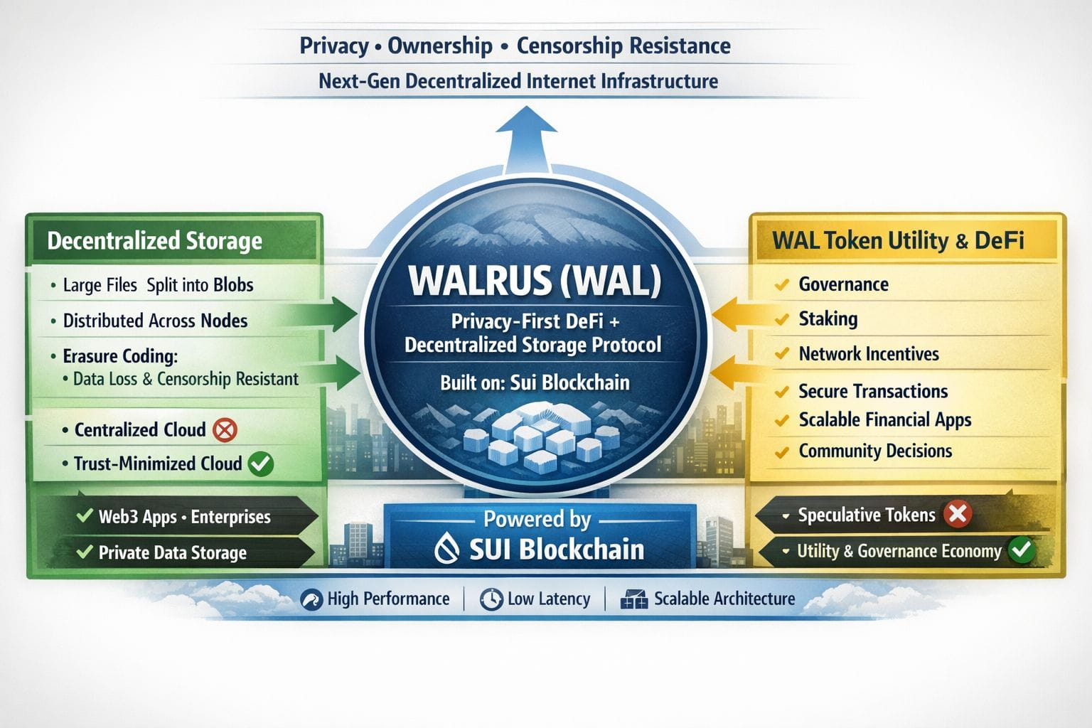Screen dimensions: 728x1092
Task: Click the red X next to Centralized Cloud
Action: [225, 429]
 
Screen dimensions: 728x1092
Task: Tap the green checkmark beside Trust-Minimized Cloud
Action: [260, 464]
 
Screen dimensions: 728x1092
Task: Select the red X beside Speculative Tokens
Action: [958, 513]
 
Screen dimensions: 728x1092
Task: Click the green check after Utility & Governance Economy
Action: [1022, 550]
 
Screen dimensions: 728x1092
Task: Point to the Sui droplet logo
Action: [446, 549]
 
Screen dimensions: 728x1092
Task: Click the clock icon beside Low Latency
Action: [491, 599]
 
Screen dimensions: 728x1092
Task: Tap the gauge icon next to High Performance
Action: [311, 599]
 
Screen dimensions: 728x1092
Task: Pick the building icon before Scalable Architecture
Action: [634, 599]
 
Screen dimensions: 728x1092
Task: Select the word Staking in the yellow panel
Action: [828, 318]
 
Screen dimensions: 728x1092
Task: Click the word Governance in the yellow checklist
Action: [843, 284]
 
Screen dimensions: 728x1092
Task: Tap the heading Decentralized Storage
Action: [154, 241]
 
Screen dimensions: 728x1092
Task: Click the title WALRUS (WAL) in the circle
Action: [535, 280]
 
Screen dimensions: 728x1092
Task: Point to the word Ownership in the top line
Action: [439, 45]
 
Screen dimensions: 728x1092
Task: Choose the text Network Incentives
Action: [868, 353]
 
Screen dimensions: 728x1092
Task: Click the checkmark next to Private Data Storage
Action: [85, 552]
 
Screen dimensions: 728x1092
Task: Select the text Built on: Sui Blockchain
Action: [535, 382]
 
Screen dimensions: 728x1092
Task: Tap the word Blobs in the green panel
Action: [233, 285]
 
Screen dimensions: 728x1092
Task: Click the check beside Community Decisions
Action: [782, 451]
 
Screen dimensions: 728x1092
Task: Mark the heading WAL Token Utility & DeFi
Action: [898, 240]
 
